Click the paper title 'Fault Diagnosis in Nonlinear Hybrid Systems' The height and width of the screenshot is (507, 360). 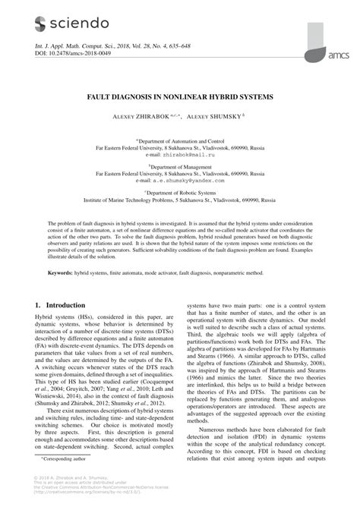179,99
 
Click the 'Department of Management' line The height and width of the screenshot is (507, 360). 180,167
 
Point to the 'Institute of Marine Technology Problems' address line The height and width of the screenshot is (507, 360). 180,201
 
